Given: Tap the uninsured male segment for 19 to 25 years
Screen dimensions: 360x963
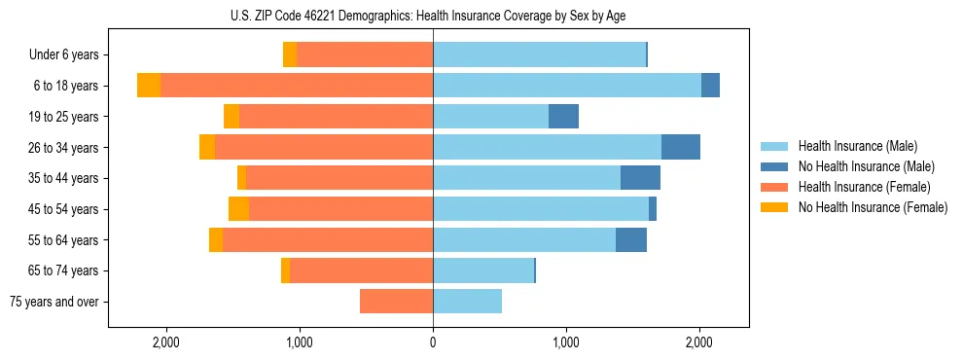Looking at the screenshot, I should (x=563, y=117).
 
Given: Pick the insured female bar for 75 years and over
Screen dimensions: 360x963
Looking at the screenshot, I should (x=396, y=302).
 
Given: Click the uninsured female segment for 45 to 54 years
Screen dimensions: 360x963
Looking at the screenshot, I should (x=238, y=209).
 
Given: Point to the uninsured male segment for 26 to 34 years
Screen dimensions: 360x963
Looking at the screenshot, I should (x=680, y=147).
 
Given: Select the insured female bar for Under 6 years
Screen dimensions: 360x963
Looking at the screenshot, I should (x=365, y=54).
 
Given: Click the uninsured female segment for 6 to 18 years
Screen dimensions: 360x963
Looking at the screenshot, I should (x=149, y=86).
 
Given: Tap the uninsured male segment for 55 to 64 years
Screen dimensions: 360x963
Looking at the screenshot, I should (x=631, y=239).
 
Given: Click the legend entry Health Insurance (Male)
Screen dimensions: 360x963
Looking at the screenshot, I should (x=857, y=146).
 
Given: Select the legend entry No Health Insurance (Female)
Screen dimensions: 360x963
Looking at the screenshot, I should (x=873, y=207).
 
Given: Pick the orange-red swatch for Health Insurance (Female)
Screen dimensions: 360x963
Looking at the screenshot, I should (x=774, y=187).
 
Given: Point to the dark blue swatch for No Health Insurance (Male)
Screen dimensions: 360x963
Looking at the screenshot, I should (x=774, y=166).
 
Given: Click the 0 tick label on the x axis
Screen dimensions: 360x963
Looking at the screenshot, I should (x=433, y=342).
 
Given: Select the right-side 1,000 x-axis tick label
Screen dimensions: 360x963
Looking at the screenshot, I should (x=566, y=342).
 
